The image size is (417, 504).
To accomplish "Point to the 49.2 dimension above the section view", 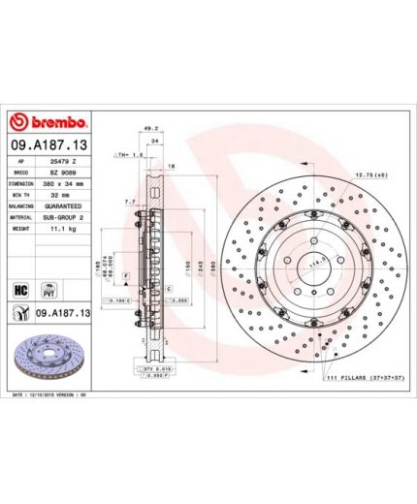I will coord(149,126).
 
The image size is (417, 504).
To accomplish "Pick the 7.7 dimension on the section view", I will coord(130,202).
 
